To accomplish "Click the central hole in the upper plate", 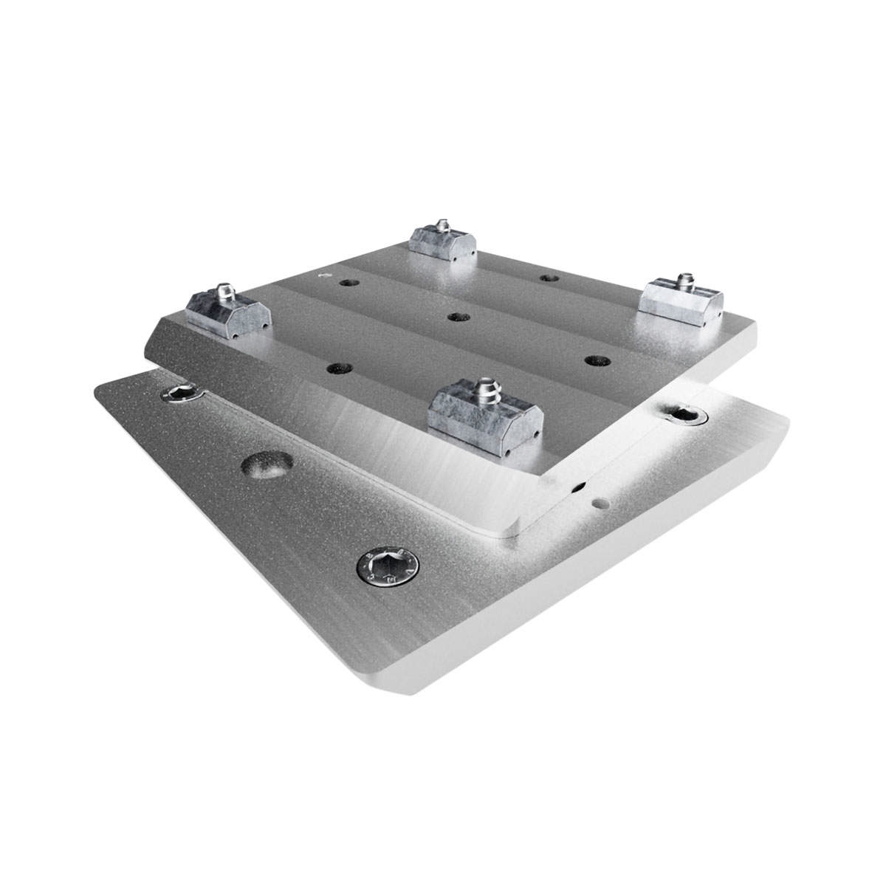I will [456, 316].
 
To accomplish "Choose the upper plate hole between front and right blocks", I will [594, 360].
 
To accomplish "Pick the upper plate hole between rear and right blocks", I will [548, 278].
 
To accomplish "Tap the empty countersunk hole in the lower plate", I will [265, 467].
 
